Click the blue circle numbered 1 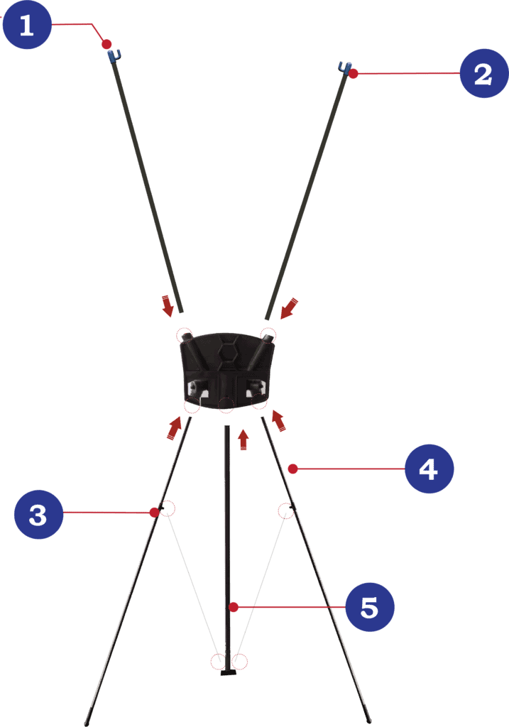tap(27, 25)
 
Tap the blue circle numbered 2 tap(484, 73)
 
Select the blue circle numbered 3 tap(38, 514)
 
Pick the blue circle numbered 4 tap(429, 469)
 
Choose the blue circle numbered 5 tap(370, 607)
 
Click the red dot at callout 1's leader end tap(106, 44)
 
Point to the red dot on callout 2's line tap(354, 73)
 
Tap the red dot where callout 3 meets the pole tap(154, 513)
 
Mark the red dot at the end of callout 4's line tap(292, 469)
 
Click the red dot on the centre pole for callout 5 tap(234, 607)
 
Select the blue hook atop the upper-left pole tap(114, 56)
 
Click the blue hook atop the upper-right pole tap(344, 67)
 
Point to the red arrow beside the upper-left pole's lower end tap(167, 305)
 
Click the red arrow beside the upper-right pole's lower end tap(289, 308)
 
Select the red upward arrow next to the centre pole tap(243, 439)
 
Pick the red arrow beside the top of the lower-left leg tap(175, 427)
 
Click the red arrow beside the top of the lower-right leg tap(278, 421)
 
